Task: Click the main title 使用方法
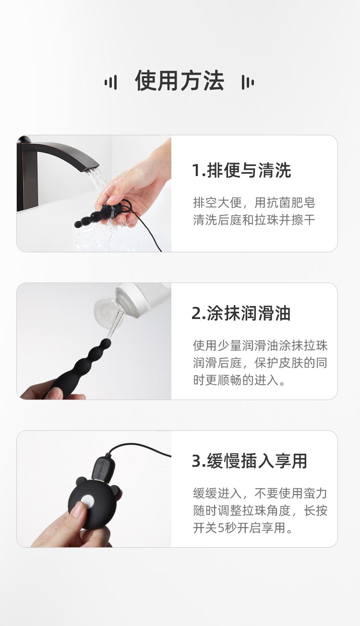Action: pos(180,81)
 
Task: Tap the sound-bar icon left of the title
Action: pos(110,82)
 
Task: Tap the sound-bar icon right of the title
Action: pos(248,82)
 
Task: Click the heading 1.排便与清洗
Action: pos(241,170)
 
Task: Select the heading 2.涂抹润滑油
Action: pos(241,313)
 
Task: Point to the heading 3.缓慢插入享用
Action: pos(249,461)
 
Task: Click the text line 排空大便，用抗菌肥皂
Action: pos(254,202)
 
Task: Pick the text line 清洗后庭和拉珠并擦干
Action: pos(254,220)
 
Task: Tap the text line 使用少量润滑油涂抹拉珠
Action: pos(260,345)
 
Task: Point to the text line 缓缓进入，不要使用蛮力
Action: pos(260,493)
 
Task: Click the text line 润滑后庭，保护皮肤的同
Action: pos(260,363)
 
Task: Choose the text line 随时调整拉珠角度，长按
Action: pos(260,510)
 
